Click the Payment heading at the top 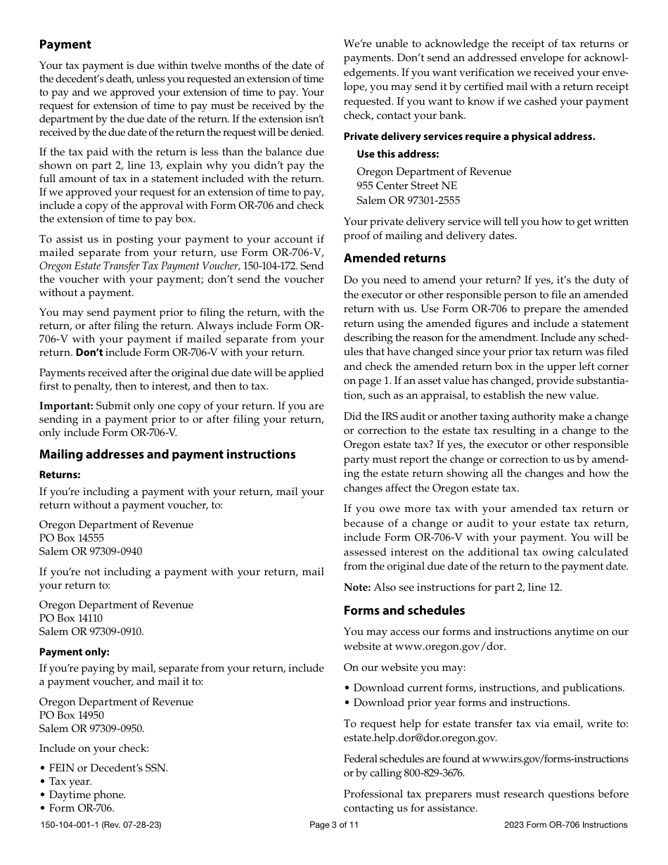point(65,45)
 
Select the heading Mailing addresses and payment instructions point(167,455)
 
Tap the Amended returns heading point(394,258)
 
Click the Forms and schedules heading point(404,610)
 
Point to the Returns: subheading point(60,475)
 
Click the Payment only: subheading point(74,652)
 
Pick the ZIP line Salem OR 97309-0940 point(90,551)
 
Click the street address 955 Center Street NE point(406,186)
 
